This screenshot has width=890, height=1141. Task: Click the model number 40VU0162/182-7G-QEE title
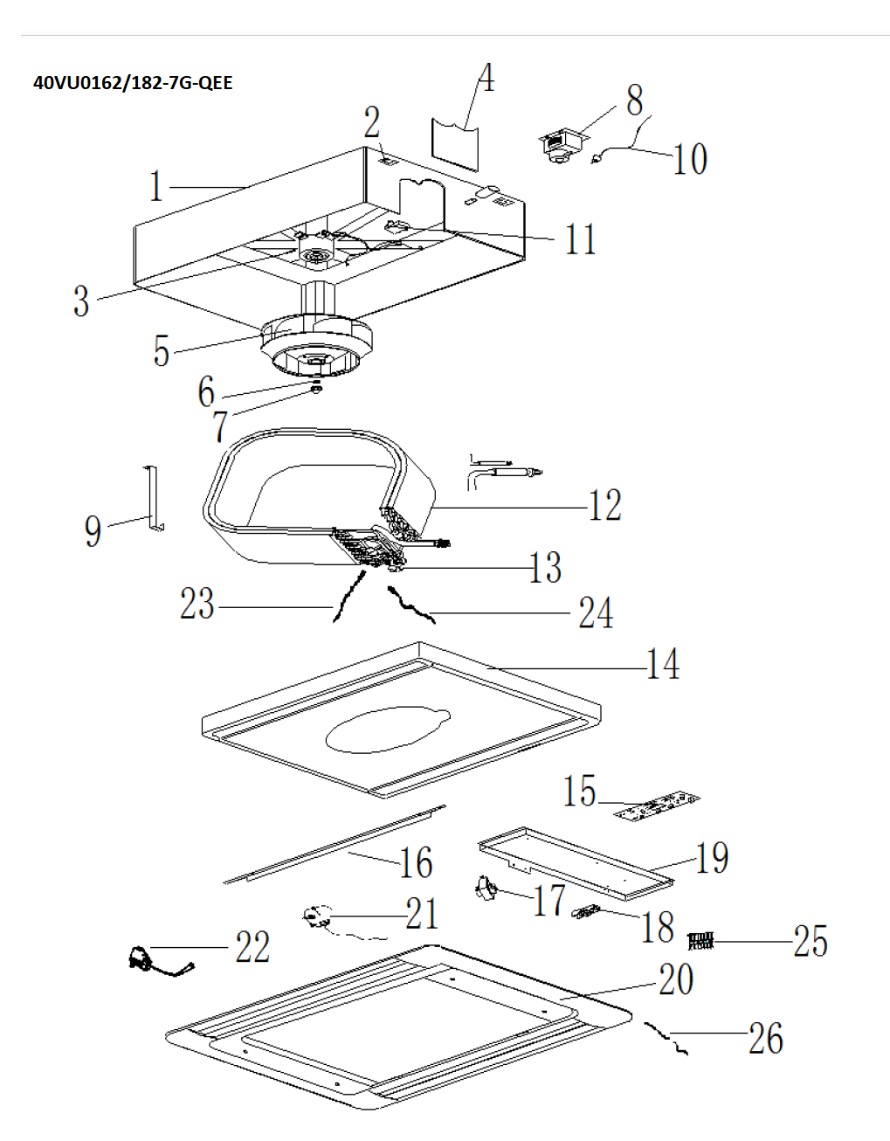pyautogui.click(x=133, y=83)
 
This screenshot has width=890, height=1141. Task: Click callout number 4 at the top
pyautogui.click(x=486, y=78)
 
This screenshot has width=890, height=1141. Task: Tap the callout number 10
pyautogui.click(x=689, y=159)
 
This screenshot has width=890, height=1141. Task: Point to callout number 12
pyautogui.click(x=604, y=506)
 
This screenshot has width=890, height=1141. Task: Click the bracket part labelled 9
pyautogui.click(x=152, y=498)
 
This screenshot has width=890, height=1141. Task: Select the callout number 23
pyautogui.click(x=197, y=604)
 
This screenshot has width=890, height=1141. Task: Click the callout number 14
pyautogui.click(x=663, y=664)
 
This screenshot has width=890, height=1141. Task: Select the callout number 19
pyautogui.click(x=712, y=858)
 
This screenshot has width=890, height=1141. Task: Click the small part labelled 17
pyautogui.click(x=486, y=889)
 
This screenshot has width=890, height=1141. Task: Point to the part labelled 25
pyautogui.click(x=700, y=941)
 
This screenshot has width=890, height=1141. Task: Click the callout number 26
pyautogui.click(x=765, y=1038)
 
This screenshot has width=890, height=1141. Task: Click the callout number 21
pyautogui.click(x=422, y=914)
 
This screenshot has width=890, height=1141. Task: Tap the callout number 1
pyautogui.click(x=155, y=187)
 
